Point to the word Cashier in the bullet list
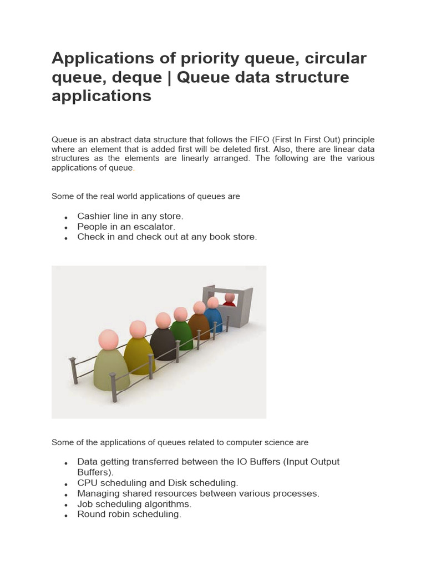[93, 216]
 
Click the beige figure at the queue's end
[111, 367]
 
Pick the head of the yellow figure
[138, 330]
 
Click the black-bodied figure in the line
[163, 342]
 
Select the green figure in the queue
[181, 332]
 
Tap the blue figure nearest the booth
[213, 317]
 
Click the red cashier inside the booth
[229, 301]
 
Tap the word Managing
[97, 493]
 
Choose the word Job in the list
[85, 504]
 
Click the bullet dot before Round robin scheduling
[66, 516]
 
